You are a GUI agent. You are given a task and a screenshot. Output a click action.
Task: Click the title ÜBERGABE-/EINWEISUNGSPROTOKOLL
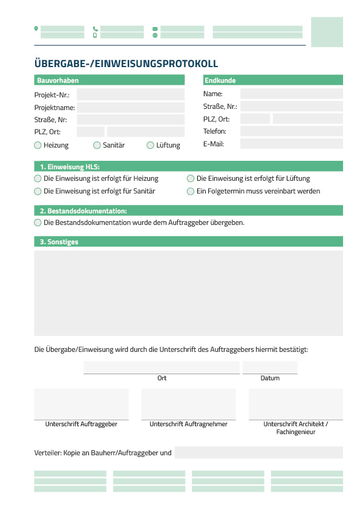click(126, 63)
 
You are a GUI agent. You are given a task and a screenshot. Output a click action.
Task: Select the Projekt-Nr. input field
click(130, 95)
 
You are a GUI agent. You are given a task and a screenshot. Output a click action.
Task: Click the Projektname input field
click(130, 108)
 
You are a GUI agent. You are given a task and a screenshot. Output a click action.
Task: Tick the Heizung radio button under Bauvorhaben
click(38, 145)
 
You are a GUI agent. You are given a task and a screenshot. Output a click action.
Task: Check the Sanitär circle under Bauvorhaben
click(97, 145)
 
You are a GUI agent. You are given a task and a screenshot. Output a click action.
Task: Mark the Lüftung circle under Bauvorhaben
click(151, 145)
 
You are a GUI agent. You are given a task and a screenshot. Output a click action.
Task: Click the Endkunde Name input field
click(291, 94)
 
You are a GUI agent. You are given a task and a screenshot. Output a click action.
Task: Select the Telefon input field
click(291, 131)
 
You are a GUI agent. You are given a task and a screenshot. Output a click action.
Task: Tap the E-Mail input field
click(291, 144)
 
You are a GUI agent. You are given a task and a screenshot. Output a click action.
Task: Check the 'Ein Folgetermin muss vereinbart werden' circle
click(191, 191)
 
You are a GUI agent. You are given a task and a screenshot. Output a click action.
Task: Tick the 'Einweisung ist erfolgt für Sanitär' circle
click(38, 191)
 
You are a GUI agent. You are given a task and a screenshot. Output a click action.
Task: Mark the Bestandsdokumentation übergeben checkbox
click(38, 222)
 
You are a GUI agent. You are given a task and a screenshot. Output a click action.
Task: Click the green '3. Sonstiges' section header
click(188, 242)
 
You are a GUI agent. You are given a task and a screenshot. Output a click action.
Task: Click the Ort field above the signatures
click(162, 368)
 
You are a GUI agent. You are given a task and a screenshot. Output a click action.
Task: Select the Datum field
click(270, 368)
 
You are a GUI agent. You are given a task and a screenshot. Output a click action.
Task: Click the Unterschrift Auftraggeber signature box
click(81, 404)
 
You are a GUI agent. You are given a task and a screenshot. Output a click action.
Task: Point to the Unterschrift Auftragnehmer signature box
click(188, 404)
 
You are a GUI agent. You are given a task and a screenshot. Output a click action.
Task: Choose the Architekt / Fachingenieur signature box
click(295, 404)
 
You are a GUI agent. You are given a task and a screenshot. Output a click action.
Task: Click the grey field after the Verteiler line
click(258, 453)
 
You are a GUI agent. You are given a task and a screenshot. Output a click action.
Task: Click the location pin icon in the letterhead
click(36, 28)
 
